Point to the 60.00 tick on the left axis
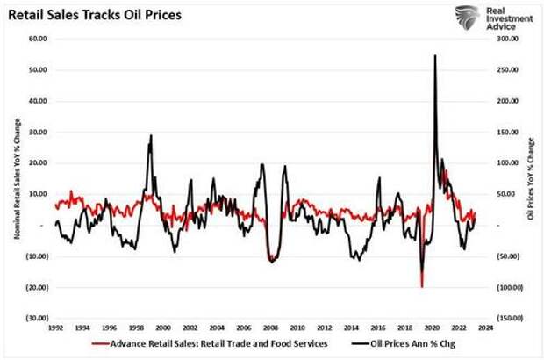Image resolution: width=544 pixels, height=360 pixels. [38, 39]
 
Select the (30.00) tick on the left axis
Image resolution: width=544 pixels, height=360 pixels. [37, 318]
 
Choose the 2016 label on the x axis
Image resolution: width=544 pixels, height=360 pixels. [380, 328]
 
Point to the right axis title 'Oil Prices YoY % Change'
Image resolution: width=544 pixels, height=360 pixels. [529, 178]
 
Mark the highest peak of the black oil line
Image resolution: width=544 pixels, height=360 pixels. [435, 55]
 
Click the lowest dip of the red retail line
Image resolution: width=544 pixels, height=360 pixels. [422, 286]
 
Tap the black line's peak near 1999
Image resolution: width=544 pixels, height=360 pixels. [151, 135]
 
